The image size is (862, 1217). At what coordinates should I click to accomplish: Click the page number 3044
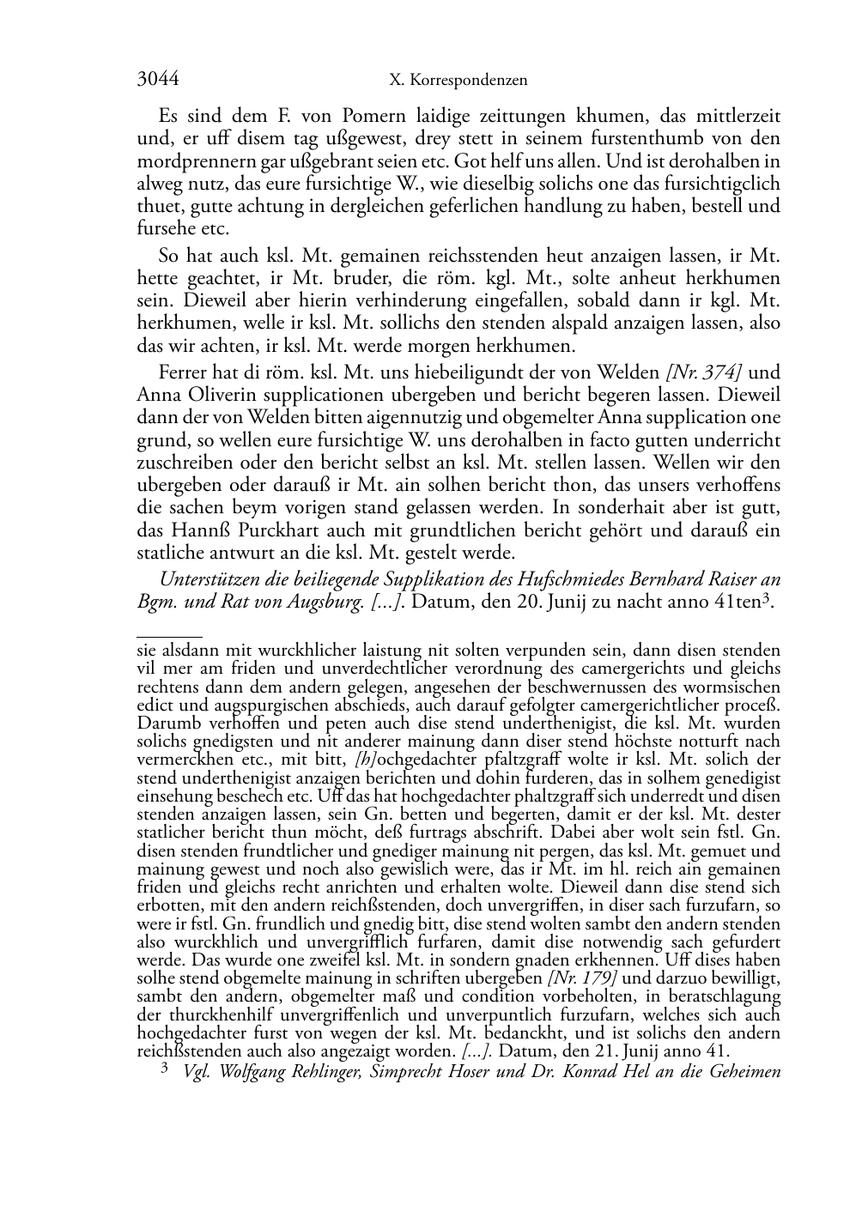[x=158, y=80]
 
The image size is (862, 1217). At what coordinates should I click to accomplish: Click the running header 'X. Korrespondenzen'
[x=458, y=81]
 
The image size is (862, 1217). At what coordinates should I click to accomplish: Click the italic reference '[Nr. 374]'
[x=704, y=372]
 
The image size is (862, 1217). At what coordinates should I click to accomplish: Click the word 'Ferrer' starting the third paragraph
[x=182, y=372]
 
